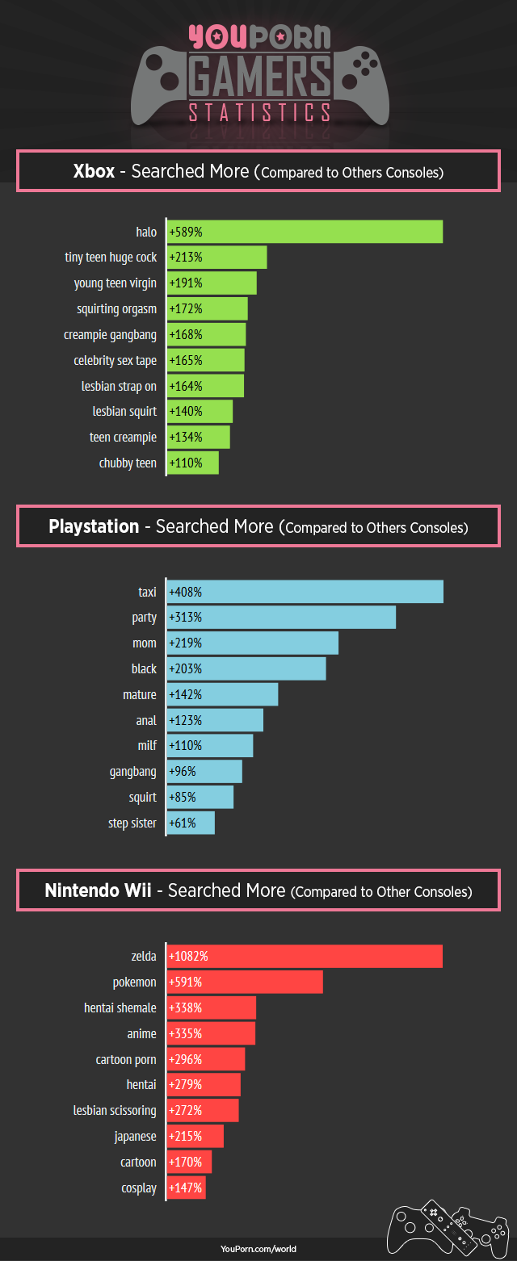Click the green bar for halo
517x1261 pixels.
tap(305, 232)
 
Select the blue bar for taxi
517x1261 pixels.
tap(305, 592)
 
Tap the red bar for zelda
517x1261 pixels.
tap(305, 956)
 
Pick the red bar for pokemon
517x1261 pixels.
tap(245, 982)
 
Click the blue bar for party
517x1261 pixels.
tap(282, 618)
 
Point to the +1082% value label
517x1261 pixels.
tap(188, 957)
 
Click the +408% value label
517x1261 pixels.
tap(185, 592)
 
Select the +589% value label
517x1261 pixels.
tap(185, 233)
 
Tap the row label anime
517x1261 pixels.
tap(142, 1033)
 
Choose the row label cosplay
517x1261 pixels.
tap(138, 1188)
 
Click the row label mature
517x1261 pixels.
tap(140, 694)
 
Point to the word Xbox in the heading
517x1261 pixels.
tap(94, 171)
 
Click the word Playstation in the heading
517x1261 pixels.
tap(94, 527)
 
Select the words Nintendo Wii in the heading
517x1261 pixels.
tap(98, 891)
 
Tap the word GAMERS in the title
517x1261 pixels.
tap(258, 77)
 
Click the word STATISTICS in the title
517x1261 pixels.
tap(258, 112)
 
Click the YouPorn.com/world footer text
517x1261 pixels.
tap(258, 1249)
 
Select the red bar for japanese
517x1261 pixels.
tap(195, 1137)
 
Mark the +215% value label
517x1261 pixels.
tap(185, 1137)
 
